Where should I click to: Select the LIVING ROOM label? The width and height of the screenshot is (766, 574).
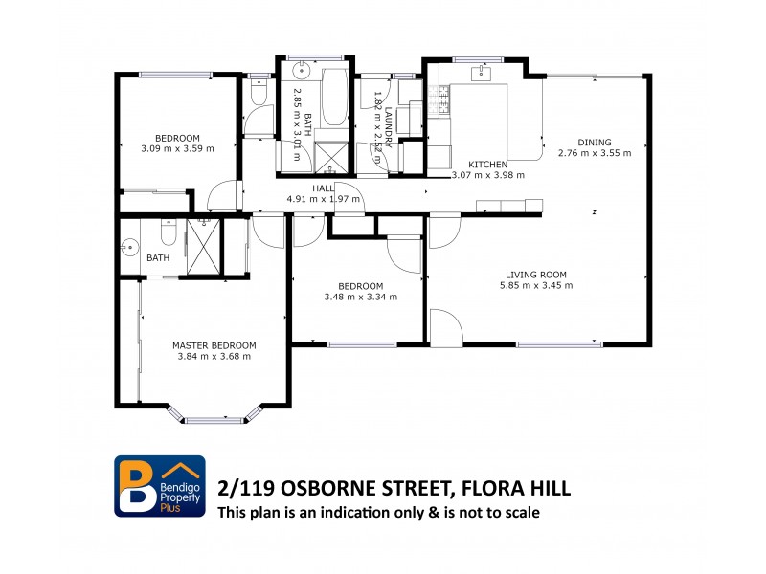coord(540,275)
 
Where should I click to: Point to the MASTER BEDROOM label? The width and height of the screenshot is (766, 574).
coord(214,345)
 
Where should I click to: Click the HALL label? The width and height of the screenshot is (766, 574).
coord(323,188)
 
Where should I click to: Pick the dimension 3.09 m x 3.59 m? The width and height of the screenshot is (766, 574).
coord(177,148)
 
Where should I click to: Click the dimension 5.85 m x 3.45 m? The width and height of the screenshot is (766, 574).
coord(540,285)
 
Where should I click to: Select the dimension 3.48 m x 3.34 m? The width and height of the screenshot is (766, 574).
coord(361,297)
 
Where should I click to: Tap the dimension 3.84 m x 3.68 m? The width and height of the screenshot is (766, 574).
coord(214,356)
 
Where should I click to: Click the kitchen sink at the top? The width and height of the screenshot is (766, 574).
coord(481,73)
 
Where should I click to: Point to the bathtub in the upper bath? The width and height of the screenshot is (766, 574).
coord(334,98)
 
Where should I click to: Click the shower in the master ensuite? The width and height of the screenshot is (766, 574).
coord(202,248)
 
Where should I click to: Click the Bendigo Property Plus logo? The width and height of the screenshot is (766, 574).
coord(160,486)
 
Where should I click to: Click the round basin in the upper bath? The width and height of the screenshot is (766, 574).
coord(300,70)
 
